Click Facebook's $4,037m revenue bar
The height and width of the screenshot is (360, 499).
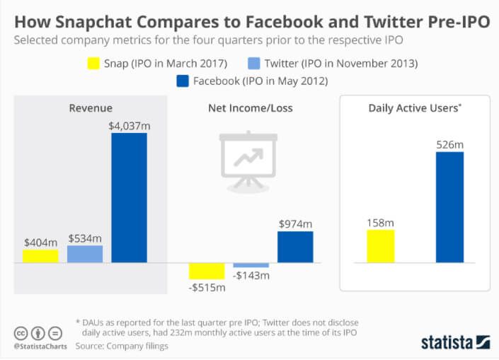pyautogui.click(x=129, y=197)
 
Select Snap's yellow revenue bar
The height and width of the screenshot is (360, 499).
pyautogui.click(x=40, y=256)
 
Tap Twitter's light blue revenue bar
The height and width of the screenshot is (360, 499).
pyautogui.click(x=85, y=254)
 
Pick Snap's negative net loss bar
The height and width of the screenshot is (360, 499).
pyautogui.click(x=207, y=271)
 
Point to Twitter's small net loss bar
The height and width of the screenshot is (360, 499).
pyautogui.click(x=251, y=265)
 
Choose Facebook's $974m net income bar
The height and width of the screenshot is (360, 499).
pyautogui.click(x=294, y=247)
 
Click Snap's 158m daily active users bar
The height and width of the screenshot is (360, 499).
pyautogui.click(x=379, y=246)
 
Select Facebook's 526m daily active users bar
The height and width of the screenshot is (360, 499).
pyautogui.click(x=449, y=207)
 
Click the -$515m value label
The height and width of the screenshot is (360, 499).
pyautogui.click(x=207, y=287)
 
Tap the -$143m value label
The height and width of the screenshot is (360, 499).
pyautogui.click(x=251, y=275)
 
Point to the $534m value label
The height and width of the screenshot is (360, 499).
pyautogui.click(x=85, y=237)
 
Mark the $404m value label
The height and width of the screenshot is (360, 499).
pyautogui.click(x=40, y=241)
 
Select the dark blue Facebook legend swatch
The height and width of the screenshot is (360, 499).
pyautogui.click(x=183, y=81)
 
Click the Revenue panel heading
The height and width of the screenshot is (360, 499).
pyautogui.click(x=91, y=108)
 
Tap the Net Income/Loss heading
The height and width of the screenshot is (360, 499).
pyautogui.click(x=250, y=108)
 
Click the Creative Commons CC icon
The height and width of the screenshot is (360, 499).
pyautogui.click(x=21, y=333)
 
